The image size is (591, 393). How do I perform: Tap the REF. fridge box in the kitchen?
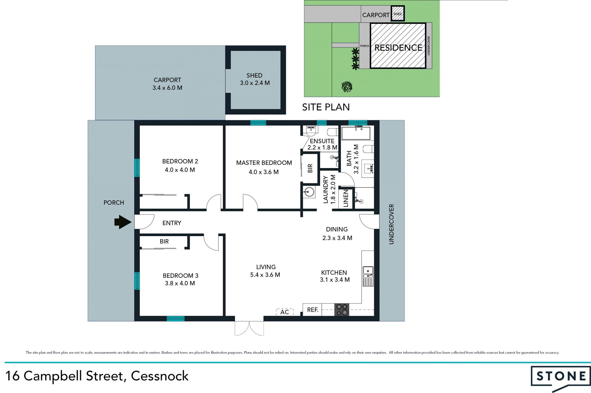312,310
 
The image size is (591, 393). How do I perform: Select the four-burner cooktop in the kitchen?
342,310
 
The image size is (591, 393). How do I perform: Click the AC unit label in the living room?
285,312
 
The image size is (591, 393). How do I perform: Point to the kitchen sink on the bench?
368,276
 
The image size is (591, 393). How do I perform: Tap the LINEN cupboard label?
346,198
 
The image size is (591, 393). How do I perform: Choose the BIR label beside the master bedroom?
310,168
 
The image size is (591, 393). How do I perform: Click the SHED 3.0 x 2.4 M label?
255,79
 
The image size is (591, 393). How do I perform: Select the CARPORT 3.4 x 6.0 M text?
167,84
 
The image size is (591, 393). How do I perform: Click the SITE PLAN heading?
326,107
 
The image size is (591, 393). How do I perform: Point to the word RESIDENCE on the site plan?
398,48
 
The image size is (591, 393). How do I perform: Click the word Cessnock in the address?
160,376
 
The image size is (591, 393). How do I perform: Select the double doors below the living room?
249,328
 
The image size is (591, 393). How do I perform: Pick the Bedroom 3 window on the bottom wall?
175,319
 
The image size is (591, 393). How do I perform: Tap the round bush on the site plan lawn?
347,86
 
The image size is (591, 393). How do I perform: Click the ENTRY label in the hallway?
172,223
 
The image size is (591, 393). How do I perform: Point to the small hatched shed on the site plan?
398,14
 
